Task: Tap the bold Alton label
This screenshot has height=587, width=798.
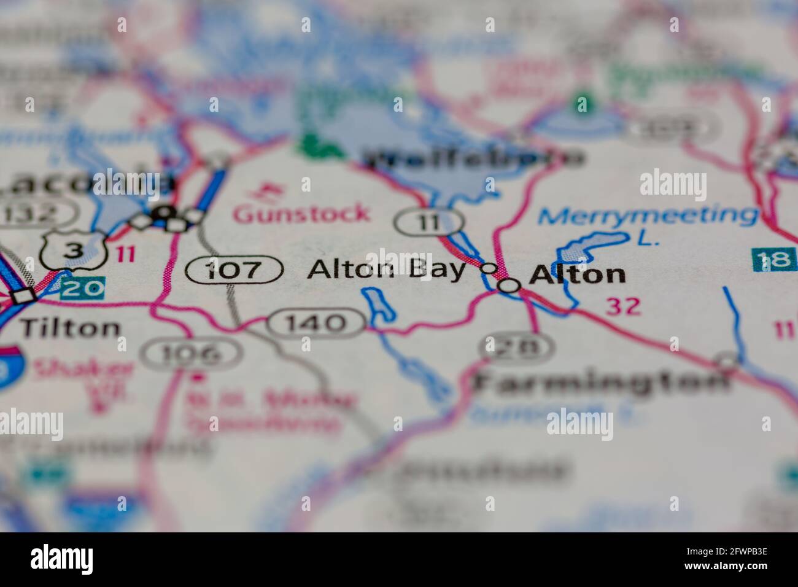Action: point(577,274)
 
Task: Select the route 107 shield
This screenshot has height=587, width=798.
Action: point(234,270)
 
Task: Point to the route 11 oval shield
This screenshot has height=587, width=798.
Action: point(428,221)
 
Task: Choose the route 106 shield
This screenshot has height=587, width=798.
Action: point(191,353)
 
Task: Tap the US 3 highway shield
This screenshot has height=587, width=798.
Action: point(74,249)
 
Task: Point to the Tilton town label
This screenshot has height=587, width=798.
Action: point(70,328)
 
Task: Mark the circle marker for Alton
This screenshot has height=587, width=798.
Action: point(509,285)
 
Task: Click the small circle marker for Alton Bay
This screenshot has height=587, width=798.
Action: point(488,268)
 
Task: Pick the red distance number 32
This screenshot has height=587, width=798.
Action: point(622,306)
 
